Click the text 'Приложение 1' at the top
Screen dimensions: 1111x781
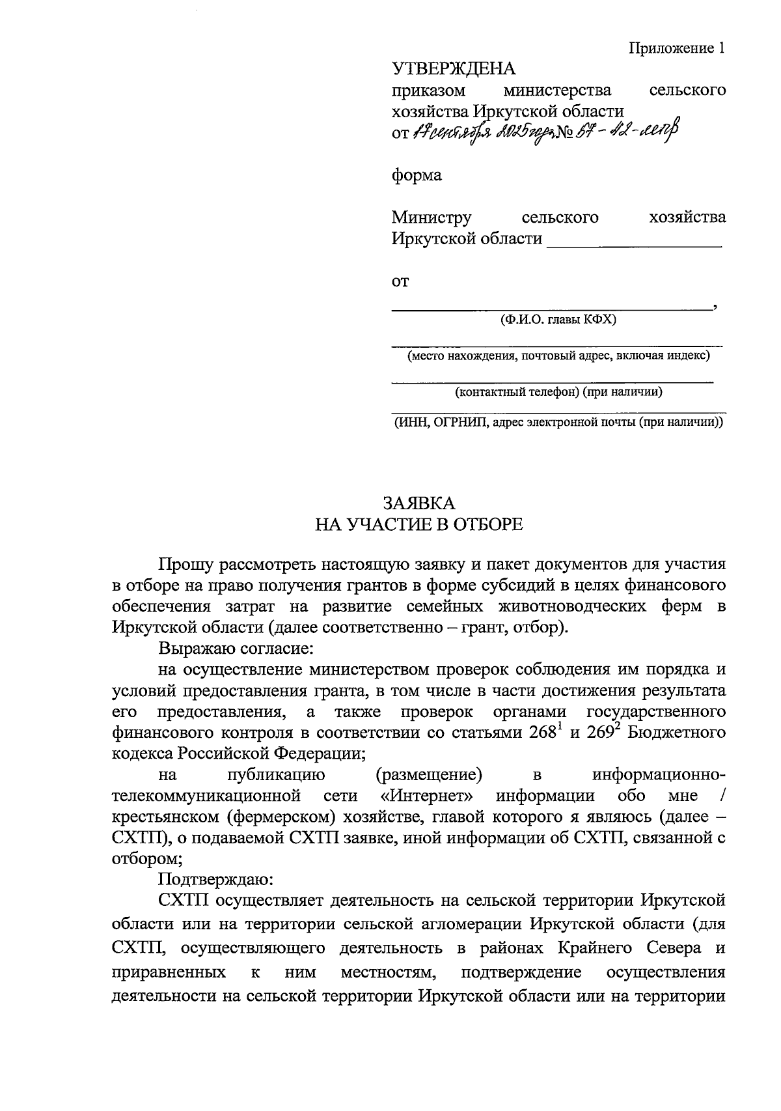(x=676, y=48)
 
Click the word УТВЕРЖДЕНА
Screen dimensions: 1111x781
(x=453, y=68)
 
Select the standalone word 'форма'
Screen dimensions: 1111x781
(x=417, y=175)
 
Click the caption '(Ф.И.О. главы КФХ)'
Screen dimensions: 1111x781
(x=558, y=320)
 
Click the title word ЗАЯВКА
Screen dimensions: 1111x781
(x=418, y=503)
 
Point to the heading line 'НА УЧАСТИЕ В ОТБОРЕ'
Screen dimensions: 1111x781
(x=418, y=524)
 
